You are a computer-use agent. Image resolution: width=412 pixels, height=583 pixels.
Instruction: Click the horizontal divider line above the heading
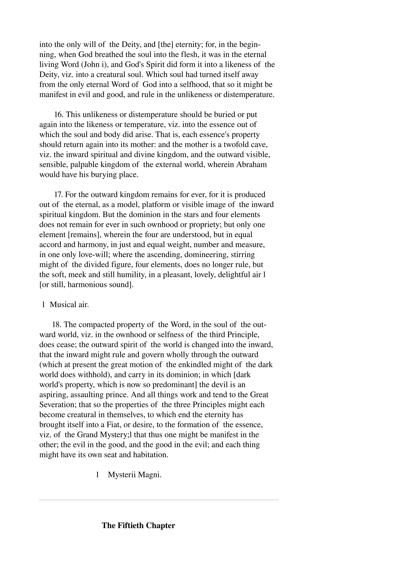click(x=159, y=500)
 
